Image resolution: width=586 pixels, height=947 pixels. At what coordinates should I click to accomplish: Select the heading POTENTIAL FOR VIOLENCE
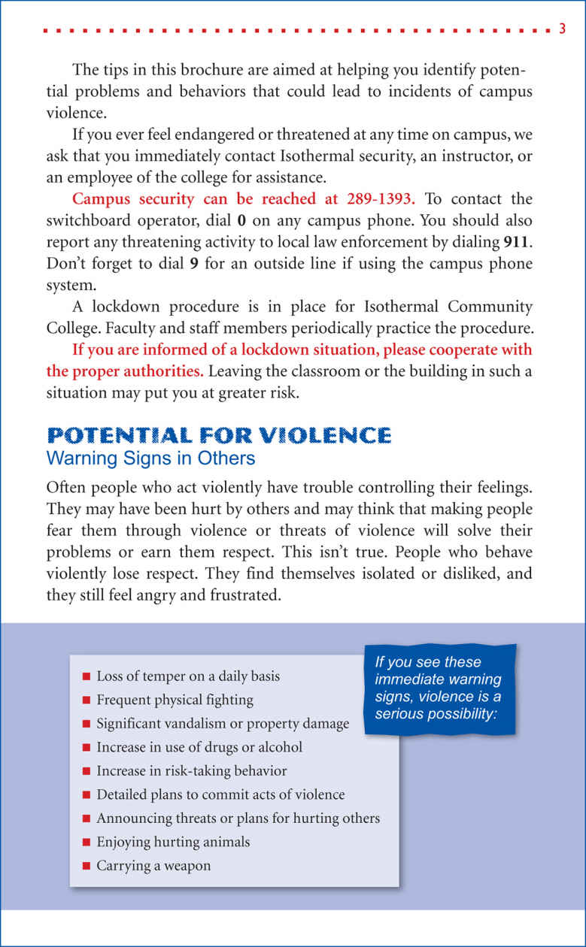coord(219,435)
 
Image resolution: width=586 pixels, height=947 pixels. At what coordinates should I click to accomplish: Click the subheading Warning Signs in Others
coord(150,458)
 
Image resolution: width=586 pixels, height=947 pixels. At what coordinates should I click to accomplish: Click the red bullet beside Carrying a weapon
coord(87,866)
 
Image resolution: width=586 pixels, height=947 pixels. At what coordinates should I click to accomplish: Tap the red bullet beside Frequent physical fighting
coord(87,700)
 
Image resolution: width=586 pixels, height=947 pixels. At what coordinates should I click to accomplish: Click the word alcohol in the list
coord(277,747)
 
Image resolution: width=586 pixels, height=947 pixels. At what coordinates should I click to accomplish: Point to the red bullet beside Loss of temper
coord(87,676)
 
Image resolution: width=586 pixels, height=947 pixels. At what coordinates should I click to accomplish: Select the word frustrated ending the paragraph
coord(240,595)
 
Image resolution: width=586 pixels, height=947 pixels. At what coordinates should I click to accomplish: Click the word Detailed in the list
coord(123,794)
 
